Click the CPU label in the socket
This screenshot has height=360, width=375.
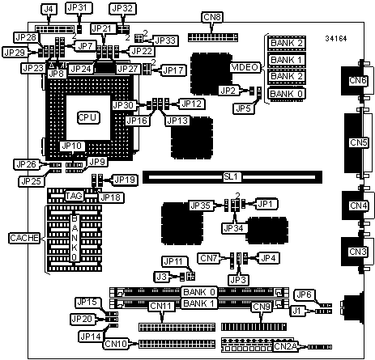88,117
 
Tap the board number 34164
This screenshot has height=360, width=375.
336,39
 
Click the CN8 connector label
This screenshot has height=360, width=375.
212,17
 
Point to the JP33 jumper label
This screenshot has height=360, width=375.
165,40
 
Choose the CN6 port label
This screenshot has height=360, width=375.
357,80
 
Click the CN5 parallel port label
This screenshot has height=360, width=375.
359,142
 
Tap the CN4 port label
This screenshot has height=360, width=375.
359,205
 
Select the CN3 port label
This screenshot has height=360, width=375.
358,252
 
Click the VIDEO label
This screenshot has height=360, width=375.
245,67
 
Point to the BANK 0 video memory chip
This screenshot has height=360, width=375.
287,94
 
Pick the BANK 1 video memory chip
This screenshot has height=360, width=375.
287,60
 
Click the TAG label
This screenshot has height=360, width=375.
75,196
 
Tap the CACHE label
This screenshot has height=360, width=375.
24,238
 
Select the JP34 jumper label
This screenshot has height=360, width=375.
233,229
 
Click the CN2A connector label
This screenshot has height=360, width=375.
285,346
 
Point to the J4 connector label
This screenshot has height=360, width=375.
49,10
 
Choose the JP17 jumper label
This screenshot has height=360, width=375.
174,70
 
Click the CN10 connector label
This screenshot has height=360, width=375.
116,344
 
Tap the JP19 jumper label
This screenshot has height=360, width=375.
125,180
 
